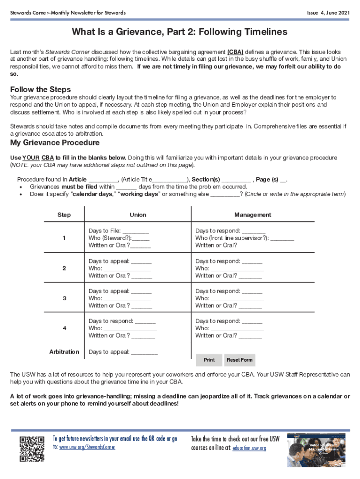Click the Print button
209,360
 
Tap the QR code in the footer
31,449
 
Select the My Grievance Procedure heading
55,143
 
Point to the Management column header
252,215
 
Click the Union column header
138,215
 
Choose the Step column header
64,215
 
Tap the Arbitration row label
64,352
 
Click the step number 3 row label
64,298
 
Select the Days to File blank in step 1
136,231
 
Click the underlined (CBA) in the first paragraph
235,52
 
